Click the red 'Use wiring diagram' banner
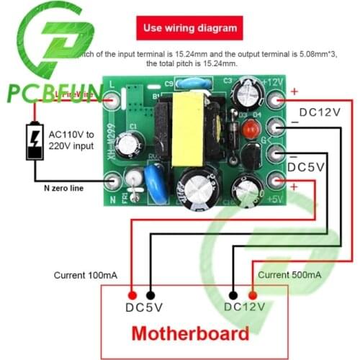tap(190, 29)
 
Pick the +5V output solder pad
tap(274, 181)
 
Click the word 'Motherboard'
tap(190, 333)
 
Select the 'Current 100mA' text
tap(82, 275)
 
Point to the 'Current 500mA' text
tap(289, 275)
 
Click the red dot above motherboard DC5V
tap(132, 294)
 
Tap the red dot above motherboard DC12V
tap(253, 294)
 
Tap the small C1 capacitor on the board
tap(130, 141)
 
